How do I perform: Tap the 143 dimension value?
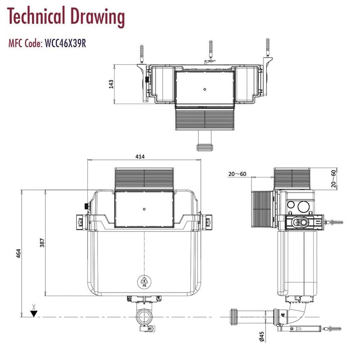tap(111, 84)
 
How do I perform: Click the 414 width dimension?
tap(140, 156)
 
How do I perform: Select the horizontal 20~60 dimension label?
tap(237, 174)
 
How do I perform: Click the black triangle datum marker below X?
tap(34, 313)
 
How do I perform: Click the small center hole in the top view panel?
tap(204, 89)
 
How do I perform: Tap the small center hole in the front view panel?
tap(144, 209)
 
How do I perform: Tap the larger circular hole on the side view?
tap(303, 206)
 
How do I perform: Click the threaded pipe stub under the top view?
tap(204, 147)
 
